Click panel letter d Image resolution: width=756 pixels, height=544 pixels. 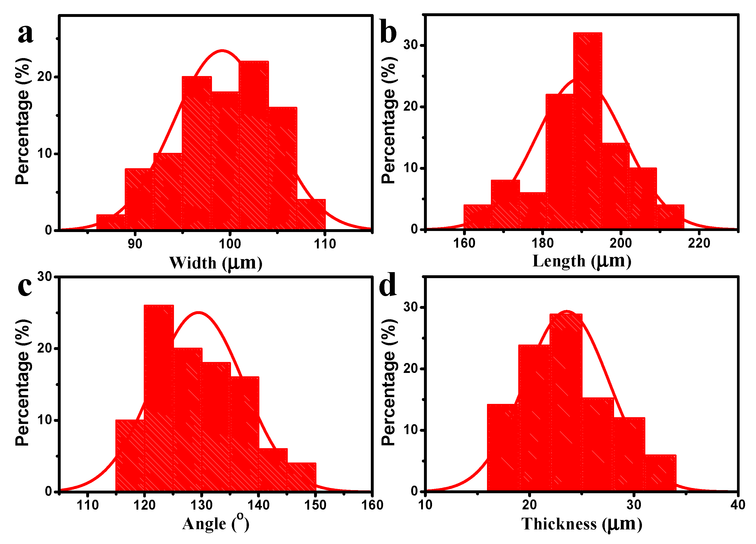pyautogui.click(x=388, y=286)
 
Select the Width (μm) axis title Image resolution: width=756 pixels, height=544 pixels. pyautogui.click(x=216, y=263)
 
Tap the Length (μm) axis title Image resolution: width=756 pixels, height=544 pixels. pyautogui.click(x=582, y=261)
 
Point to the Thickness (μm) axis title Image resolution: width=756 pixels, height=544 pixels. pyautogui.click(x=582, y=524)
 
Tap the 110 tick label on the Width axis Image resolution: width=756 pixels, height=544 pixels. pyautogui.click(x=325, y=244)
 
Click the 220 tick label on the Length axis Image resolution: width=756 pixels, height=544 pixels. pyautogui.click(x=699, y=243)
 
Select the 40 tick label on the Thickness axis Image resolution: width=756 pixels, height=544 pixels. pyautogui.click(x=738, y=505)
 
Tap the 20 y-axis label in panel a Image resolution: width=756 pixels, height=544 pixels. pyautogui.click(x=45, y=77)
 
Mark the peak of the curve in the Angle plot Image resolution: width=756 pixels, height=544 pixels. pyautogui.click(x=199, y=312)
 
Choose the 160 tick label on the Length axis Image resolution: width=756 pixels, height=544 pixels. pyautogui.click(x=464, y=243)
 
